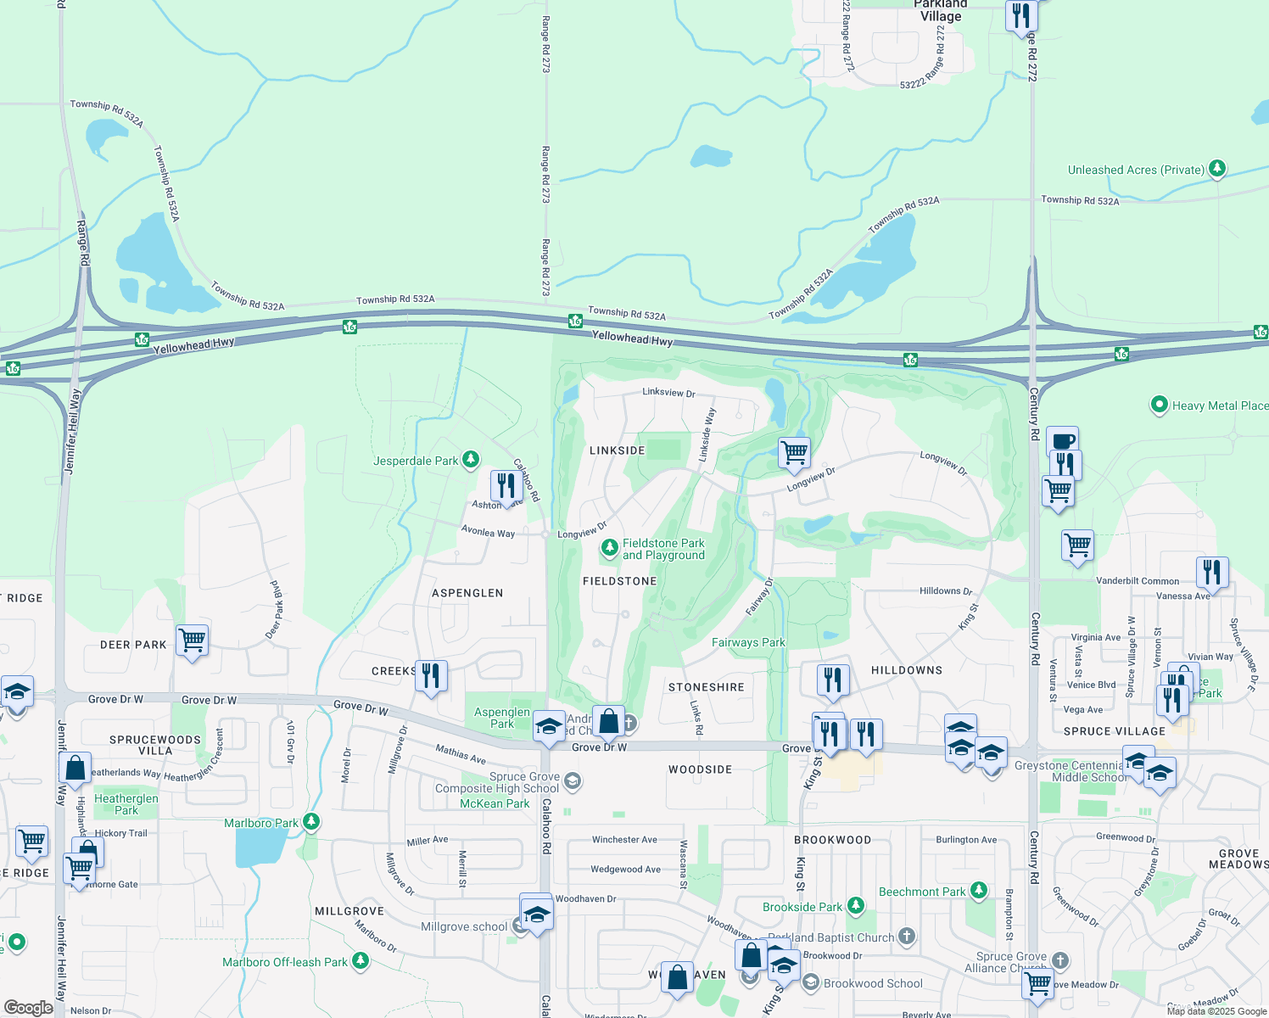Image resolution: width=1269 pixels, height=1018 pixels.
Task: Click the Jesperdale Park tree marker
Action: click(471, 460)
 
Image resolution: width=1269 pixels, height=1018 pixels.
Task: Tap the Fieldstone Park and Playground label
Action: click(663, 549)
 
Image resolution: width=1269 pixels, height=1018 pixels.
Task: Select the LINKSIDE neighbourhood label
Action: click(617, 450)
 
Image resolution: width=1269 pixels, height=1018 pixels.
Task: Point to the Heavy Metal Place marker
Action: click(1159, 405)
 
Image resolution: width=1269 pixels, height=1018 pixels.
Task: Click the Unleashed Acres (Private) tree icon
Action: click(1217, 169)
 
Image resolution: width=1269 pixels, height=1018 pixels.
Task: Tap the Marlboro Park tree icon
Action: click(311, 822)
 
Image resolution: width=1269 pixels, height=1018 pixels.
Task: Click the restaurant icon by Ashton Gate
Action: click(506, 486)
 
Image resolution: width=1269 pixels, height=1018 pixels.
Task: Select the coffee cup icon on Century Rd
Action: click(1062, 441)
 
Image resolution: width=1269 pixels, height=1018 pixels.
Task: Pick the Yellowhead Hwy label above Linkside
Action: click(632, 338)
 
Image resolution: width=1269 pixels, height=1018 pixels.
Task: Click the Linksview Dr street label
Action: click(668, 393)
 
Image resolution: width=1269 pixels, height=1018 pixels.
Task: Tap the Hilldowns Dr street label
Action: click(946, 590)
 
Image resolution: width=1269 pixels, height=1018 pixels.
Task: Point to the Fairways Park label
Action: click(748, 642)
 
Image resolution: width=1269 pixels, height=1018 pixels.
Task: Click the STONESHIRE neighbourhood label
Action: click(706, 687)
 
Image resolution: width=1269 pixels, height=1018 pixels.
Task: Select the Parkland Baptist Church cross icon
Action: click(907, 937)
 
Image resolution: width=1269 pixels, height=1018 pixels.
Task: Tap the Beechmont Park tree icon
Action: click(979, 890)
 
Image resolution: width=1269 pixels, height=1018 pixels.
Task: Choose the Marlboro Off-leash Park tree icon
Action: click(361, 960)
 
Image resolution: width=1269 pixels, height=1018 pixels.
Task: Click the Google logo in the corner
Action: click(28, 1008)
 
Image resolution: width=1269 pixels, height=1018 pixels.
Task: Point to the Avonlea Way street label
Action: click(488, 532)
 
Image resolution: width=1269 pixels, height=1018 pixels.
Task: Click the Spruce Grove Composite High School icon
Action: click(573, 781)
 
